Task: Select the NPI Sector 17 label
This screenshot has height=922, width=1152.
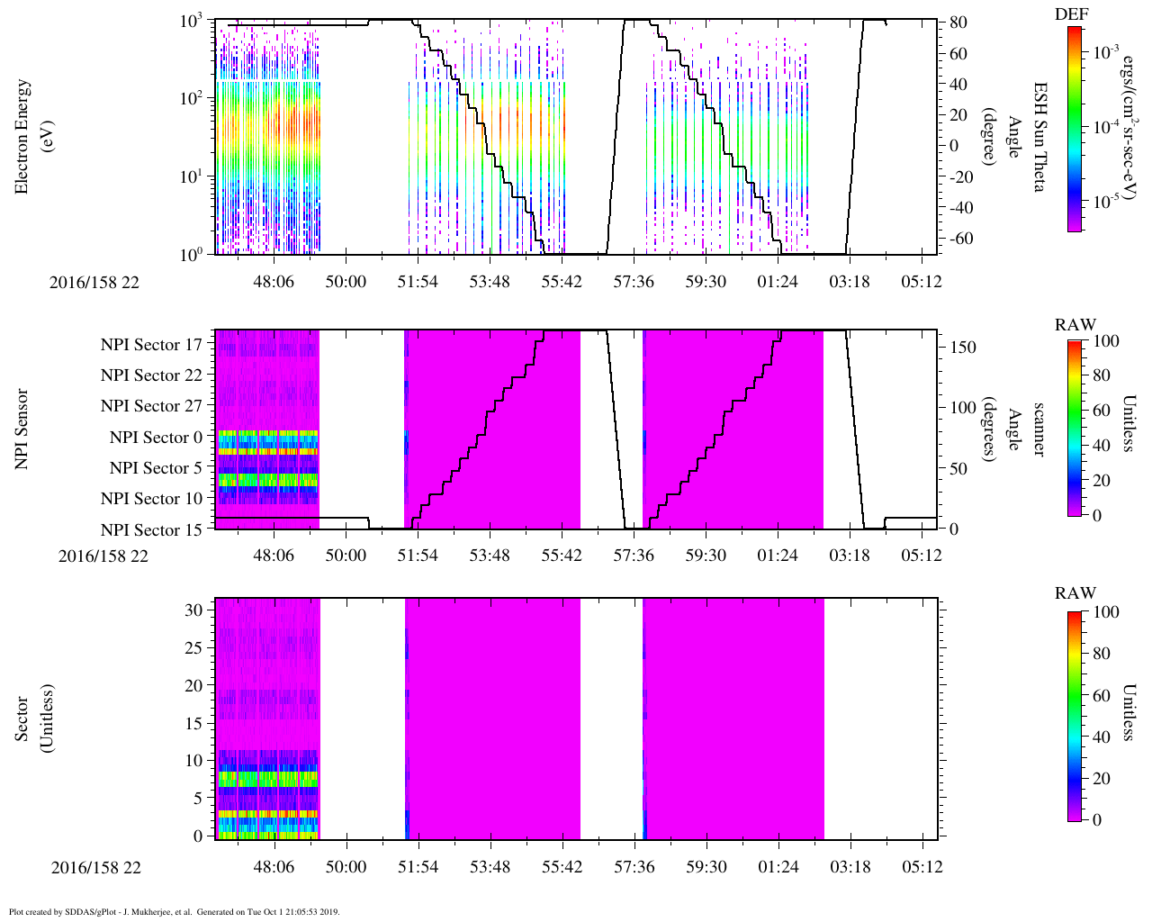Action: [151, 344]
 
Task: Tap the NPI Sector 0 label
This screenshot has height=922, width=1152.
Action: [156, 438]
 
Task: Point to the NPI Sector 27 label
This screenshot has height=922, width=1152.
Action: [151, 406]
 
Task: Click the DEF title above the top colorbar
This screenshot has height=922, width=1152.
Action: [1072, 14]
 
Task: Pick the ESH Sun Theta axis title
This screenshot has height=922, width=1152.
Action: [1039, 137]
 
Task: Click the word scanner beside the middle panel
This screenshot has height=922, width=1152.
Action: [1039, 429]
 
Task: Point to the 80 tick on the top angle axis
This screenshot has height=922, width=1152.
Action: [958, 23]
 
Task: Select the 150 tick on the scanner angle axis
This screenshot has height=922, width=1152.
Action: [963, 347]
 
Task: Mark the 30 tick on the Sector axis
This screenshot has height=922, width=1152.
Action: [193, 610]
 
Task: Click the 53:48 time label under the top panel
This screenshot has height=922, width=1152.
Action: [490, 282]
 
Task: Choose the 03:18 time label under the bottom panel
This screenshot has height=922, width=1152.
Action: [850, 867]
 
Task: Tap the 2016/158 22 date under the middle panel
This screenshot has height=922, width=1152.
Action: [103, 556]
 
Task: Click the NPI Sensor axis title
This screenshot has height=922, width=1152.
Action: [22, 429]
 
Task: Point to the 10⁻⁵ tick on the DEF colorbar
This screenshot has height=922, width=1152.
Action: [1106, 202]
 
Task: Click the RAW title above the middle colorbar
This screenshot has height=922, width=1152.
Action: [1075, 325]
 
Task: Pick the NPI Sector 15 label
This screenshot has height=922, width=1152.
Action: [151, 530]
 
